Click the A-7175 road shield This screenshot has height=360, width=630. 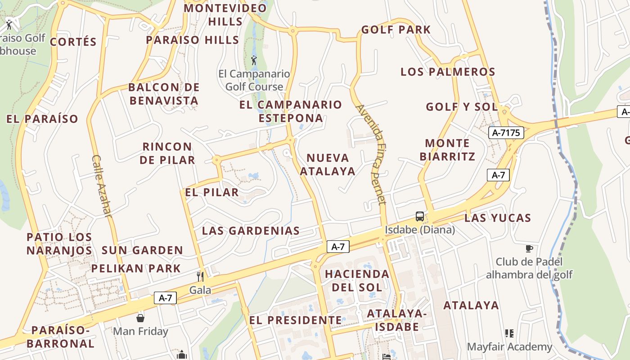[506, 133]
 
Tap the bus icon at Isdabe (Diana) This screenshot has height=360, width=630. [420, 216]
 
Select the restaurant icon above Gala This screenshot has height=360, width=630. [200, 276]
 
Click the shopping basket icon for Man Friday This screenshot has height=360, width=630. [140, 318]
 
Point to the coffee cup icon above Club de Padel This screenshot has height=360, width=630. [529, 248]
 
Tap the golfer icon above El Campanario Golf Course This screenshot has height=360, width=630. [254, 60]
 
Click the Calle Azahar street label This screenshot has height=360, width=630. [101, 186]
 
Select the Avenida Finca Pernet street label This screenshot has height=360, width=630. [371, 154]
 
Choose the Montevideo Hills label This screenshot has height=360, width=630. [225, 14]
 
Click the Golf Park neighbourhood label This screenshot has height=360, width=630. [396, 30]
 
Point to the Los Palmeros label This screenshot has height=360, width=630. [448, 72]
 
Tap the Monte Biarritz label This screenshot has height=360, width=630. [447, 150]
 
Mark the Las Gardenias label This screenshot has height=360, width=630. [251, 231]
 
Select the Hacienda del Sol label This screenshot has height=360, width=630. [357, 280]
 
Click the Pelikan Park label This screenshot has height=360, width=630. [136, 269]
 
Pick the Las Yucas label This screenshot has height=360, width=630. [498, 218]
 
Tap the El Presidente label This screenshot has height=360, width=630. [295, 320]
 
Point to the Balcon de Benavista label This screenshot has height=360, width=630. [164, 94]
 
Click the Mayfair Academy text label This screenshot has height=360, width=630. [509, 347]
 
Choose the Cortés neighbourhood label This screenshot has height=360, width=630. [73, 42]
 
